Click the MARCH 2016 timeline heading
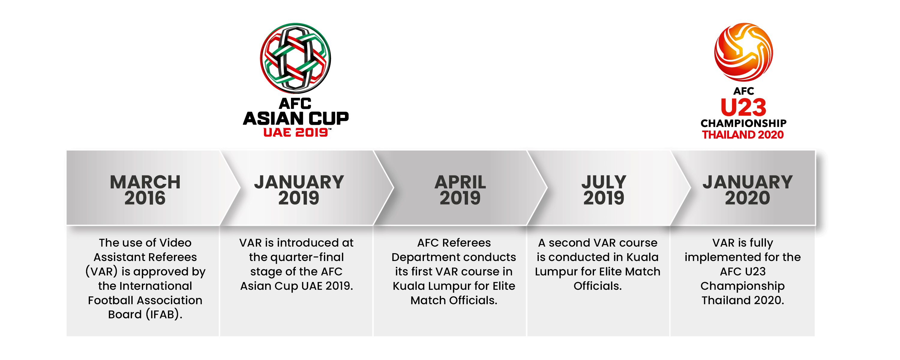click(145, 190)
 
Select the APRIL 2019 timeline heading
click(460, 190)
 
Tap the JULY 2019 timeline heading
click(604, 190)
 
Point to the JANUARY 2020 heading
click(747, 190)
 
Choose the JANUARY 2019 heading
click(299, 190)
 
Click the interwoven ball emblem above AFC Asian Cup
click(295, 58)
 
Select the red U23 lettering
click(743, 107)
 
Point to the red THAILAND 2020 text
click(743, 135)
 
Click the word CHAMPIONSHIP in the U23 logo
click(743, 123)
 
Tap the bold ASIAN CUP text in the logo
click(295, 118)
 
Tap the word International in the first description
click(155, 286)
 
